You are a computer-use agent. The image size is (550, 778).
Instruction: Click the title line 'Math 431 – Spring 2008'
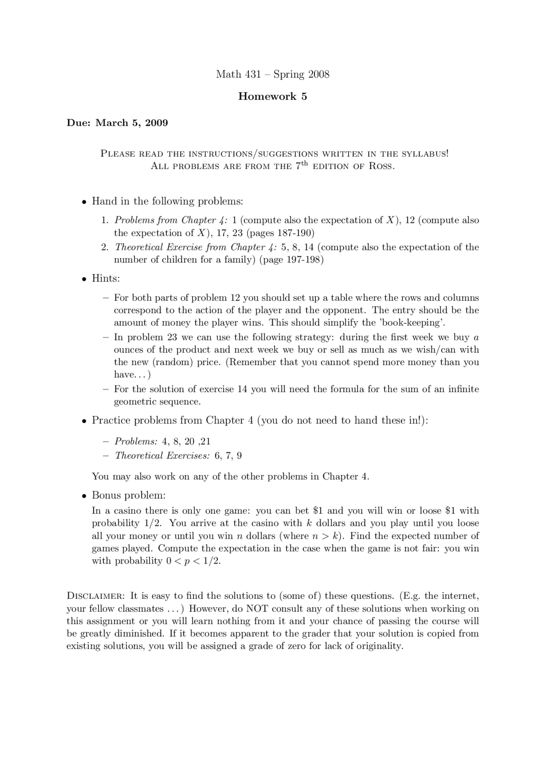click(x=272, y=74)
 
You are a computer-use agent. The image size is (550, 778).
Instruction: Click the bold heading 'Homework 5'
click(x=272, y=96)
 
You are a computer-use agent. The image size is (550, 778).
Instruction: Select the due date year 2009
click(x=156, y=123)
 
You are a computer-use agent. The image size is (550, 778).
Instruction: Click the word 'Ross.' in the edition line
click(x=382, y=166)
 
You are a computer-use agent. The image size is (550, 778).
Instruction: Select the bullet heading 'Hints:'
click(x=106, y=278)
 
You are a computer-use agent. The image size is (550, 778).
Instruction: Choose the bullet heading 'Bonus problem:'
click(x=128, y=495)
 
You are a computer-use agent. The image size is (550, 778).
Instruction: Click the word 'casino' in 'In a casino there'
click(x=128, y=510)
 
